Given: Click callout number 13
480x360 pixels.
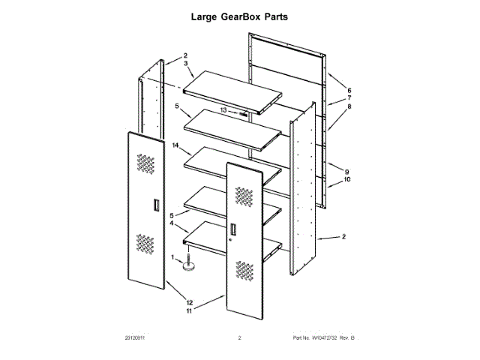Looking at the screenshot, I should [224, 110].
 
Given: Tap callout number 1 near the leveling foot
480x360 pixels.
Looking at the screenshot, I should [174, 257].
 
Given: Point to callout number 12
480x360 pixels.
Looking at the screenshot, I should [190, 302].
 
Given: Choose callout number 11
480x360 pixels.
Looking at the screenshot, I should [190, 310].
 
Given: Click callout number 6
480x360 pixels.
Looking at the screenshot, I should [349, 91].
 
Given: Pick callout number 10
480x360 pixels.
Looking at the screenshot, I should [347, 180].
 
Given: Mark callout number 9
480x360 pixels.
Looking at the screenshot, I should [346, 171].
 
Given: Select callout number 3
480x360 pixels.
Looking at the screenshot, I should [185, 64].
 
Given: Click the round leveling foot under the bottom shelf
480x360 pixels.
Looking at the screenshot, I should [192, 265].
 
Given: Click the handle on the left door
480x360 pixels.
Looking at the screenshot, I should [154, 205].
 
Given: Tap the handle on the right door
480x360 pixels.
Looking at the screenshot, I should [234, 230].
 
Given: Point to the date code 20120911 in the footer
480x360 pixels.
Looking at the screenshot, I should [135, 338].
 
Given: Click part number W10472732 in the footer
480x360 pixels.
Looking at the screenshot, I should [318, 338].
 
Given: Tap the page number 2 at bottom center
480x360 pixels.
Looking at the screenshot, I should [239, 338].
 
